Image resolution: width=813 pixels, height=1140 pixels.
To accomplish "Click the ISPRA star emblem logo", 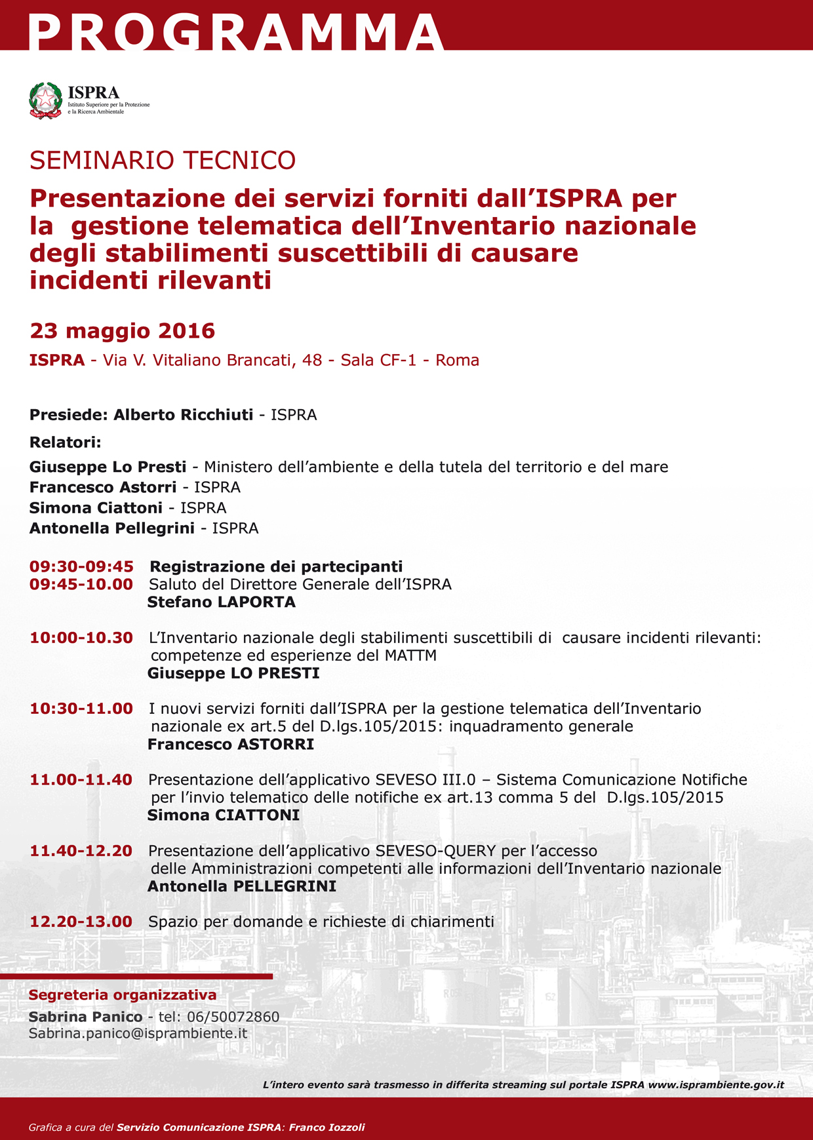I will pos(46,100).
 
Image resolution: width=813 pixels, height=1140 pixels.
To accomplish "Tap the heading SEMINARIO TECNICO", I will pos(163,161).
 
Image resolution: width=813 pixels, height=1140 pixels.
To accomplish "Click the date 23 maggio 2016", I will pos(123,331).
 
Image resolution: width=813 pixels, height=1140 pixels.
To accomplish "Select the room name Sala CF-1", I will pos(378,361).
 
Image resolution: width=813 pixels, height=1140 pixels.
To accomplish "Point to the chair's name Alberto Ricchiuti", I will pos(183,415).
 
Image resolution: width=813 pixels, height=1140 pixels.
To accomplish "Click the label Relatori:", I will pos(66,442).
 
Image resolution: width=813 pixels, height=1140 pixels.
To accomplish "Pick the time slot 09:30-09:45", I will pos(81,566).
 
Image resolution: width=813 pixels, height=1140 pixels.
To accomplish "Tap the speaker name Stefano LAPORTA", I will pos(222,602).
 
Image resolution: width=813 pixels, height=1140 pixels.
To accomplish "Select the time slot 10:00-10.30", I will pos(81,638).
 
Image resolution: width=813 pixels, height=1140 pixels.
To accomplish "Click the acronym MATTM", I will pos(410,656).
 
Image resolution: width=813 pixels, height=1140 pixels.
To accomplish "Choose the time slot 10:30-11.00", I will pos(81,709).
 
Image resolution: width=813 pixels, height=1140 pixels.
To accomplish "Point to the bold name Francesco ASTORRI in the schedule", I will pos(231,745).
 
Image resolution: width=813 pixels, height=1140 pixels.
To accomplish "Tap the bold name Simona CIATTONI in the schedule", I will pos(224,816).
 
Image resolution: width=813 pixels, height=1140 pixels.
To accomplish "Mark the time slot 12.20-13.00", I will pos(81,922).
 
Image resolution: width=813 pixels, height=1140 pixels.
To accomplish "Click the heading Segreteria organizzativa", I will pos(123,995).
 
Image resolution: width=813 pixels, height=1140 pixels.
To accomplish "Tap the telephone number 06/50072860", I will pos(233,1017).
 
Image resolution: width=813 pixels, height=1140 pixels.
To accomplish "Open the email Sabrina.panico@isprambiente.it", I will pos(138,1033).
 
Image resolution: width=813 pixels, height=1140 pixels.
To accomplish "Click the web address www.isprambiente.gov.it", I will pos(716,1085).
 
